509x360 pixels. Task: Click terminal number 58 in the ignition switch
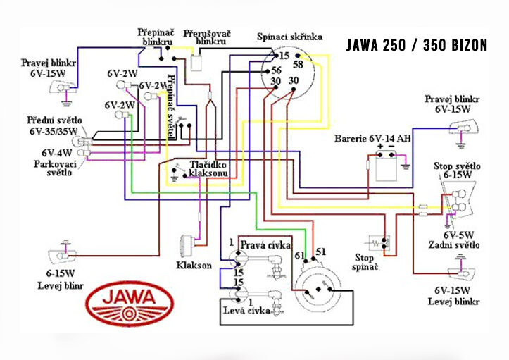(x=299, y=63)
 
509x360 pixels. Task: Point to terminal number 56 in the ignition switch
(x=276, y=70)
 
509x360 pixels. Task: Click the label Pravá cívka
(x=265, y=245)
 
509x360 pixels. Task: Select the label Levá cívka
(x=246, y=311)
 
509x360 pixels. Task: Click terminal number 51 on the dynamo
(x=322, y=252)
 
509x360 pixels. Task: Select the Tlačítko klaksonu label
(x=207, y=168)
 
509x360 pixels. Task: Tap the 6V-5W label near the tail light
(x=458, y=235)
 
